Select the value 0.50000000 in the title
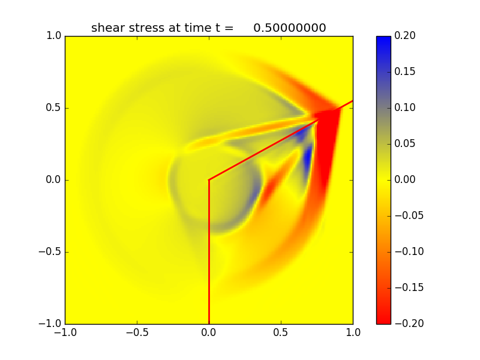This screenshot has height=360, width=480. [x=289, y=28]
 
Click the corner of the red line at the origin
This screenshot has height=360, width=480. [x=209, y=179]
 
